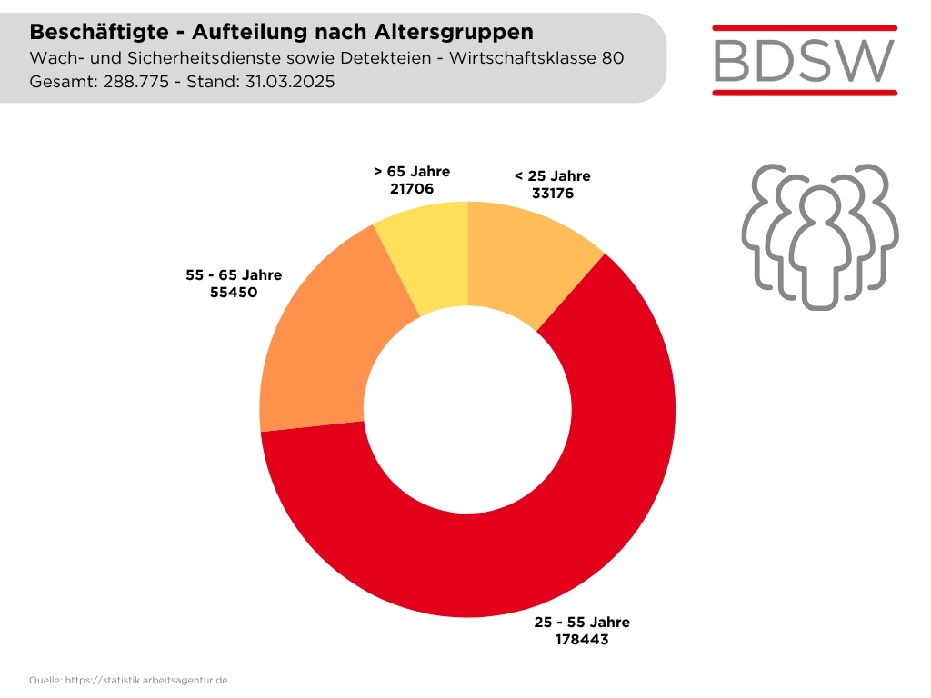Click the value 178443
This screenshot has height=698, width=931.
582,640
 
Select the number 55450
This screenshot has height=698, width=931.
234,294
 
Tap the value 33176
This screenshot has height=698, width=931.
552,194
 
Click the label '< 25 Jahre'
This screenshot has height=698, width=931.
552,175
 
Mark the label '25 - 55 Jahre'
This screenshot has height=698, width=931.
582,623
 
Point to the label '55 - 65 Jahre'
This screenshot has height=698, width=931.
234,275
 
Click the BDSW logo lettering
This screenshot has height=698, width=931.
805,60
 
